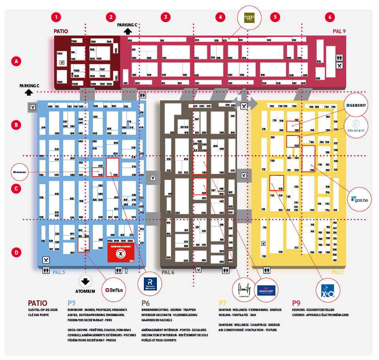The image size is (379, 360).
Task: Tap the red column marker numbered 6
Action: (330, 17)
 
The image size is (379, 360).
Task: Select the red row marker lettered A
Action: (16, 61)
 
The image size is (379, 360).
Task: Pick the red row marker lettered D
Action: (16, 252)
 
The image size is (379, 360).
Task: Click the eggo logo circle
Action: (249, 17)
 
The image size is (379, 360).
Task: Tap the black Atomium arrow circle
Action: (85, 281)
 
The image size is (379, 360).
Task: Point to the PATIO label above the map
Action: (61, 31)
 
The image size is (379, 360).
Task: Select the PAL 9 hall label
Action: (339, 31)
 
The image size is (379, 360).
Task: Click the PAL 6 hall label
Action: (168, 272)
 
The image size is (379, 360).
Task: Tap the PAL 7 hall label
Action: (338, 272)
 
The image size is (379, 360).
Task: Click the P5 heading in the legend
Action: (72, 303)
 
